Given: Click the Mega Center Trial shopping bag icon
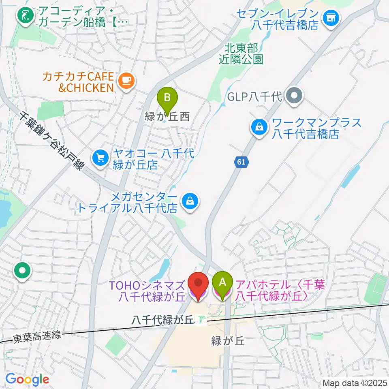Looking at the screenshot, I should tap(189, 200).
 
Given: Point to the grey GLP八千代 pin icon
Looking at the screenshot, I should tap(294, 96).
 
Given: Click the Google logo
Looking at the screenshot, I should tap(27, 379).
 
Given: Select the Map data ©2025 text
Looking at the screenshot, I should tap(355, 383).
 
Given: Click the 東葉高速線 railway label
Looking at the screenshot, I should tap(36, 335).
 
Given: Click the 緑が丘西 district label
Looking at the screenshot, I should tap(167, 118).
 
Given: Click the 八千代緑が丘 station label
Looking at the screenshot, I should tap(164, 320).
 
